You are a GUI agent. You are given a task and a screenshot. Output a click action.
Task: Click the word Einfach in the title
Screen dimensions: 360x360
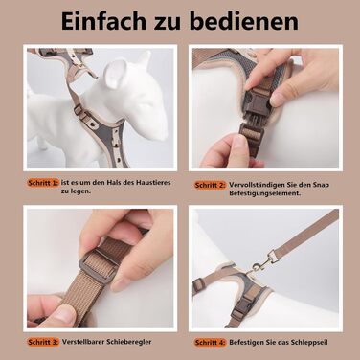pos(104,21)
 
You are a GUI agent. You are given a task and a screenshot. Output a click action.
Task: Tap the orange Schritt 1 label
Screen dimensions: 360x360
pos(43,183)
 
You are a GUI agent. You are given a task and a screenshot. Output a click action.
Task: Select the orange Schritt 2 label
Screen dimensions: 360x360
pos(210,185)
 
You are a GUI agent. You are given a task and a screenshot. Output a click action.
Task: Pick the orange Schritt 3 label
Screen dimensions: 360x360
pos(43,342)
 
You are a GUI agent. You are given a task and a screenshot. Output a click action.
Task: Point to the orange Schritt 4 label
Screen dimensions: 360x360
pos(210,343)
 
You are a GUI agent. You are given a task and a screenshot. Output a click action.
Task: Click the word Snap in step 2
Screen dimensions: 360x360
pos(321,185)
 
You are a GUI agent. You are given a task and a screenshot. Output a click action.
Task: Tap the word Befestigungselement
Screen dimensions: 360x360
pos(265,193)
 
